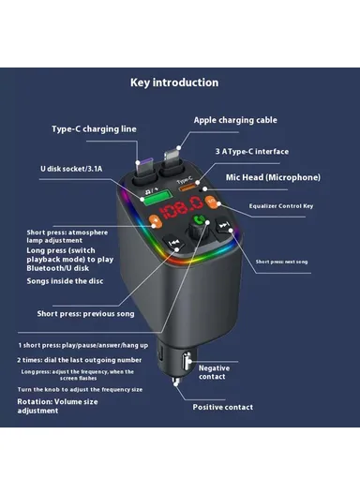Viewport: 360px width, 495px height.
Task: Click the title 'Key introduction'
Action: point(174,82)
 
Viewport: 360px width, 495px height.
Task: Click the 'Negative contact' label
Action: point(214,372)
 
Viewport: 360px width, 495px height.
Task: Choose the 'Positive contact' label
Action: point(222,407)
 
